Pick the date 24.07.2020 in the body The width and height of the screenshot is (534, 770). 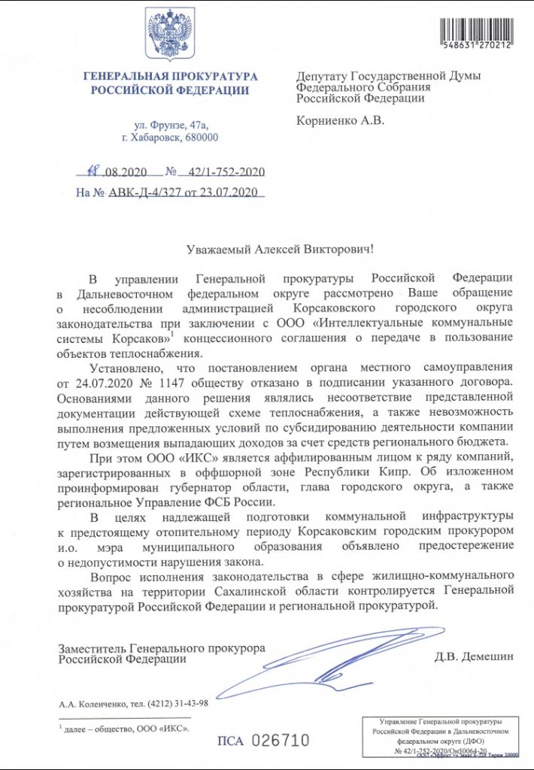coord(99,383)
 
